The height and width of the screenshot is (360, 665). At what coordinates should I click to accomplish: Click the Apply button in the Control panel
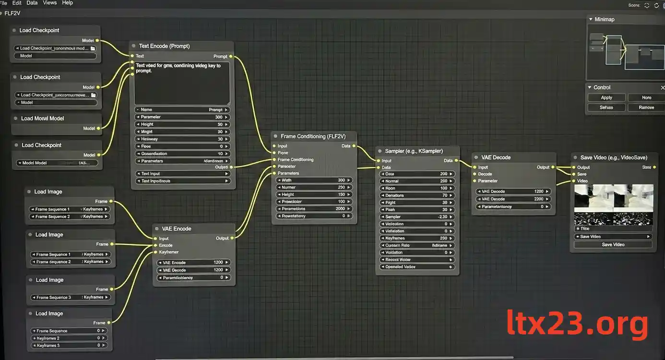click(606, 97)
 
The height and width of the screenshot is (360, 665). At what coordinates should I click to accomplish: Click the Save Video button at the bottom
click(613, 244)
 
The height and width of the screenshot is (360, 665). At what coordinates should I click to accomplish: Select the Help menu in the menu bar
click(68, 3)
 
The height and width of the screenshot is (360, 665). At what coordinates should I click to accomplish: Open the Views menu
click(49, 3)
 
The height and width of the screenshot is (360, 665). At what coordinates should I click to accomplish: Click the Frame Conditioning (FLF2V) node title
click(313, 136)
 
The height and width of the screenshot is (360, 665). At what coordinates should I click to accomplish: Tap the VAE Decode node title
click(496, 157)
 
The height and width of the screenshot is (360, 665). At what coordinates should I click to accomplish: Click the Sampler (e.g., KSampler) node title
click(414, 151)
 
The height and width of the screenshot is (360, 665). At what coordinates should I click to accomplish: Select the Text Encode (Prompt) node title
click(164, 46)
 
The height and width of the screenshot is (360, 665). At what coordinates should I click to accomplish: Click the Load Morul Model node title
click(42, 119)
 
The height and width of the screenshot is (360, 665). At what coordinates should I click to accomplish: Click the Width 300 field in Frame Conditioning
click(314, 180)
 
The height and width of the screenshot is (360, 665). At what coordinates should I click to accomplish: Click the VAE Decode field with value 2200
click(513, 199)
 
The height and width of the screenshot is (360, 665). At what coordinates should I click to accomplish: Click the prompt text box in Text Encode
click(182, 83)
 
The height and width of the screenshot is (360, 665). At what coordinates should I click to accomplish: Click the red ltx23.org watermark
click(578, 324)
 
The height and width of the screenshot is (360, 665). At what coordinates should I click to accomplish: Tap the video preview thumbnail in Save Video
click(613, 205)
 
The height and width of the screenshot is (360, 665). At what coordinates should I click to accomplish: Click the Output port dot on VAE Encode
click(232, 239)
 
